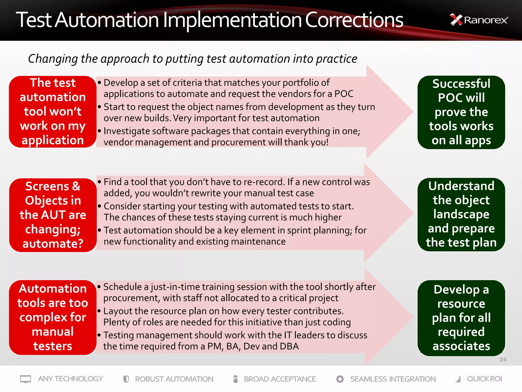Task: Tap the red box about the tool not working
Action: pyautogui.click(x=53, y=112)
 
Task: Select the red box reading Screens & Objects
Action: pyautogui.click(x=53, y=215)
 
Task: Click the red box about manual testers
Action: pyautogui.click(x=53, y=317)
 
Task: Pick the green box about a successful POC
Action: pyautogui.click(x=461, y=112)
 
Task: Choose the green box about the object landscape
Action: pyautogui.click(x=461, y=214)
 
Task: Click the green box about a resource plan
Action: pyautogui.click(x=461, y=318)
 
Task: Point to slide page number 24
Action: pyautogui.click(x=503, y=360)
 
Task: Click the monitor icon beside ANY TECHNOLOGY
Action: pyautogui.click(x=25, y=379)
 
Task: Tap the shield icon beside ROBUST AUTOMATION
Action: pyautogui.click(x=126, y=379)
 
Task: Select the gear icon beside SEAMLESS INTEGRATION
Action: pyautogui.click(x=340, y=379)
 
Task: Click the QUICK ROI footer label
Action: pyautogui.click(x=484, y=379)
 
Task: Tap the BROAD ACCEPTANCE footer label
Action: pyautogui.click(x=280, y=379)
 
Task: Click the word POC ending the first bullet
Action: pyautogui.click(x=344, y=94)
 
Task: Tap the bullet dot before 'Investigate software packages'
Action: pyautogui.click(x=99, y=131)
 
